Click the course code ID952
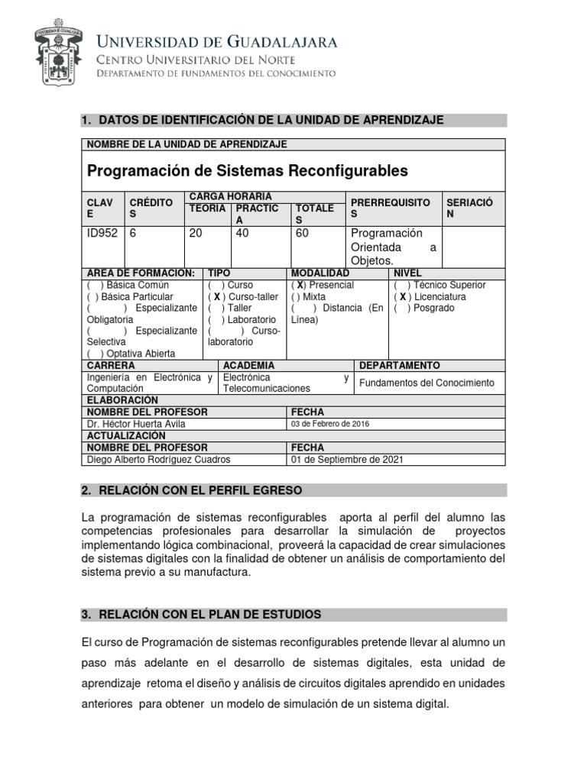tap(103, 234)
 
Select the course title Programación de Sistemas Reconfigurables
tap(248, 170)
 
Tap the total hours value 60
tap(302, 234)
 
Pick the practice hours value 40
tap(243, 234)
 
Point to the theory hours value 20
tap(196, 234)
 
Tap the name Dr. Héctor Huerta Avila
tap(136, 424)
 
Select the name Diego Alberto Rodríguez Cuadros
tap(159, 459)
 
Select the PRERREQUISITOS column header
tap(390, 208)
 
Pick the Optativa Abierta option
tap(131, 354)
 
